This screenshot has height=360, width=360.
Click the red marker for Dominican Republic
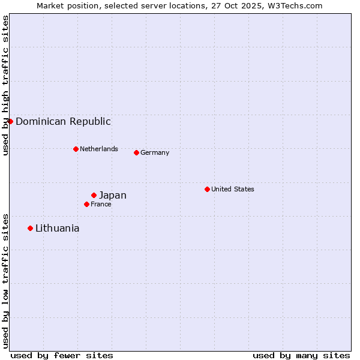10,121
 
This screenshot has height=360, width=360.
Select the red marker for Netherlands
76,149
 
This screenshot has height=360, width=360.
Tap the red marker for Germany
136,152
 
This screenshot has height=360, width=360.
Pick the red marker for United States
207,189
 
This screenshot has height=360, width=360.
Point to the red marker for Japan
94,195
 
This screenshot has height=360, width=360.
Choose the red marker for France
86,204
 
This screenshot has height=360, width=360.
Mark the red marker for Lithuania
30,228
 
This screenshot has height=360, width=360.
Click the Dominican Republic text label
63,121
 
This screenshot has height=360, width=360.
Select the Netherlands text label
99,149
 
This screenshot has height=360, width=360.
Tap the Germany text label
155,152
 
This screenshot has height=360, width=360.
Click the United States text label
233,189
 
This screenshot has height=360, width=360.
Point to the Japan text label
113,195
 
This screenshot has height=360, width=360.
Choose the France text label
101,204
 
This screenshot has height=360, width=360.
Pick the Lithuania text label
58,228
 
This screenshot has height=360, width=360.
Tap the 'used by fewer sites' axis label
62,355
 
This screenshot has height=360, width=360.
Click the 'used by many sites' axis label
301,355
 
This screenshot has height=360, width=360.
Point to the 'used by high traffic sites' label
5,85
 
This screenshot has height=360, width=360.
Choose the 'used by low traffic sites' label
5,281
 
